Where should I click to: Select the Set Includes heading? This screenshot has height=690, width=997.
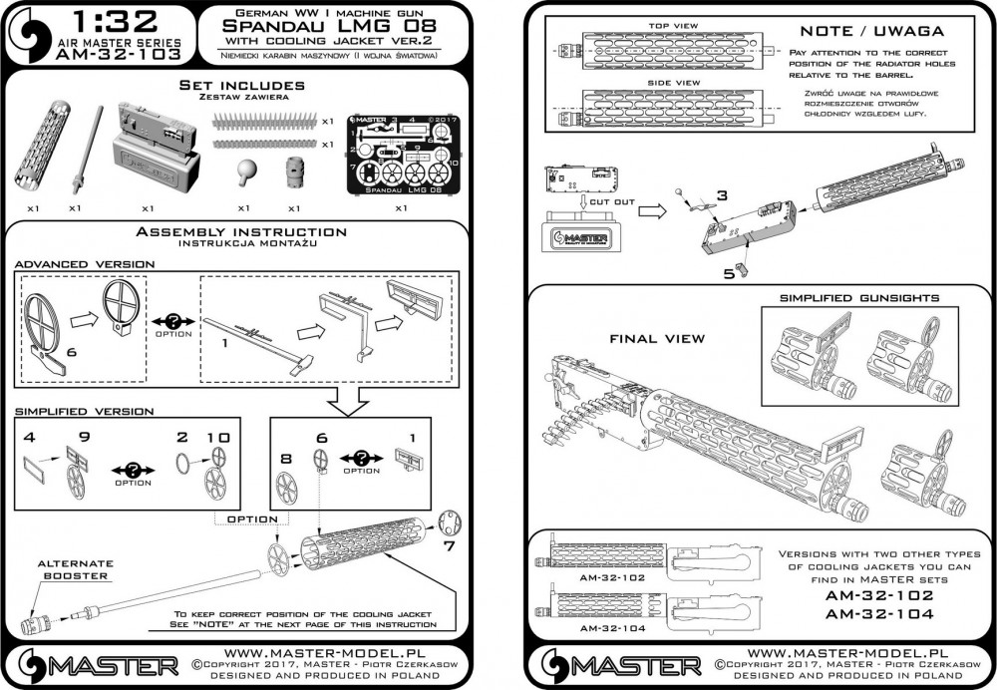pyautogui.click(x=241, y=87)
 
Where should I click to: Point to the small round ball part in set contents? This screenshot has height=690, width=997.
pyautogui.click(x=243, y=169)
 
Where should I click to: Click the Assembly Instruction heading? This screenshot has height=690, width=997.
pyautogui.click(x=241, y=232)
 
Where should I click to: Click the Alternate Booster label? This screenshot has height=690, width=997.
pyautogui.click(x=77, y=569)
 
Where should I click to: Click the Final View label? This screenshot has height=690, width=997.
pyautogui.click(x=657, y=339)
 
